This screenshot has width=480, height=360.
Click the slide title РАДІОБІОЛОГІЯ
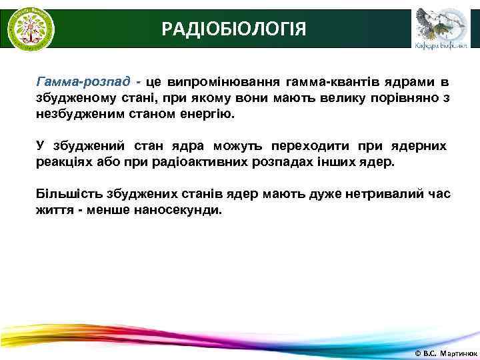tap(235, 29)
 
